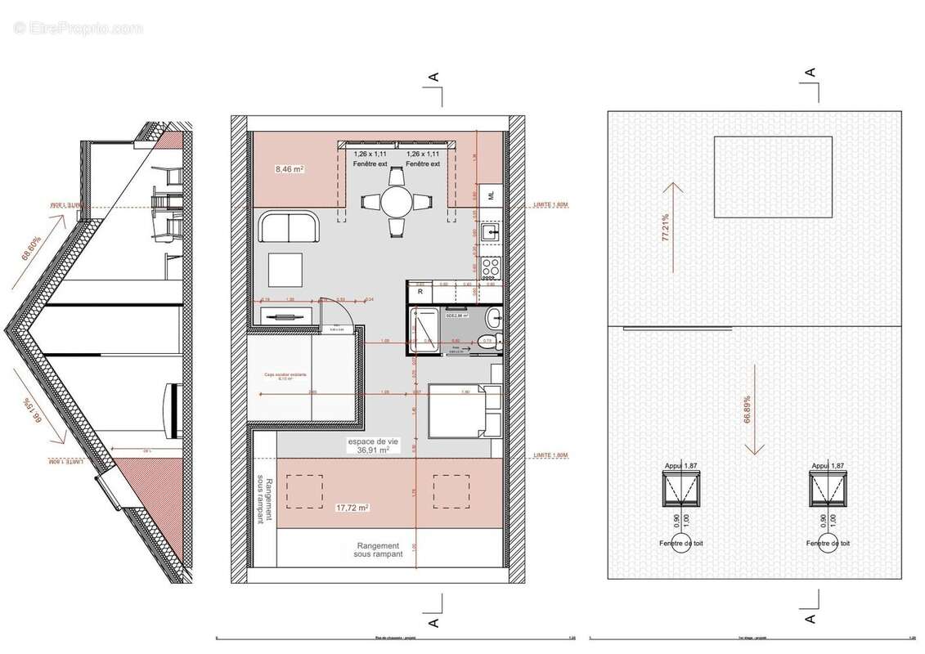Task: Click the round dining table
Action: (395, 201)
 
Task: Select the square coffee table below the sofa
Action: (285, 268)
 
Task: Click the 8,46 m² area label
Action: (289, 170)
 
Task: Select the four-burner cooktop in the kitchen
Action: (491, 266)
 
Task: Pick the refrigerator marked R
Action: (420, 291)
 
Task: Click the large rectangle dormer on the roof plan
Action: (773, 177)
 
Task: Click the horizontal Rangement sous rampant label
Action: (377, 551)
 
